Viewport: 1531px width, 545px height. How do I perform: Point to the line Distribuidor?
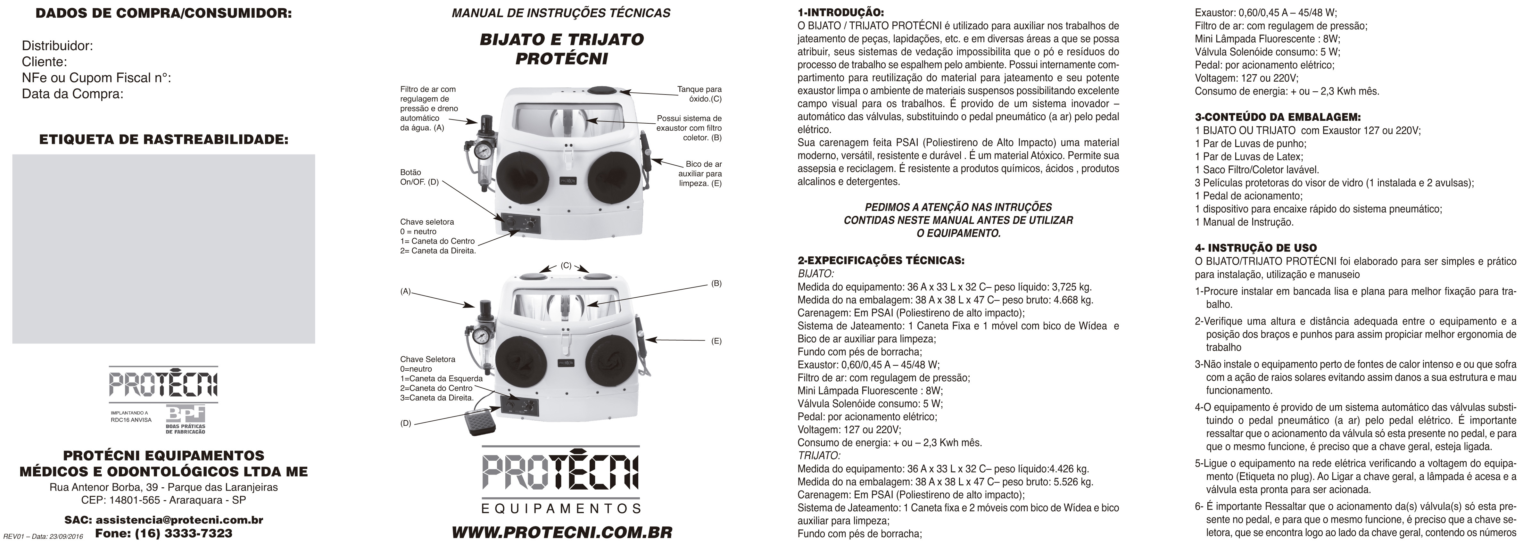(57, 46)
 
